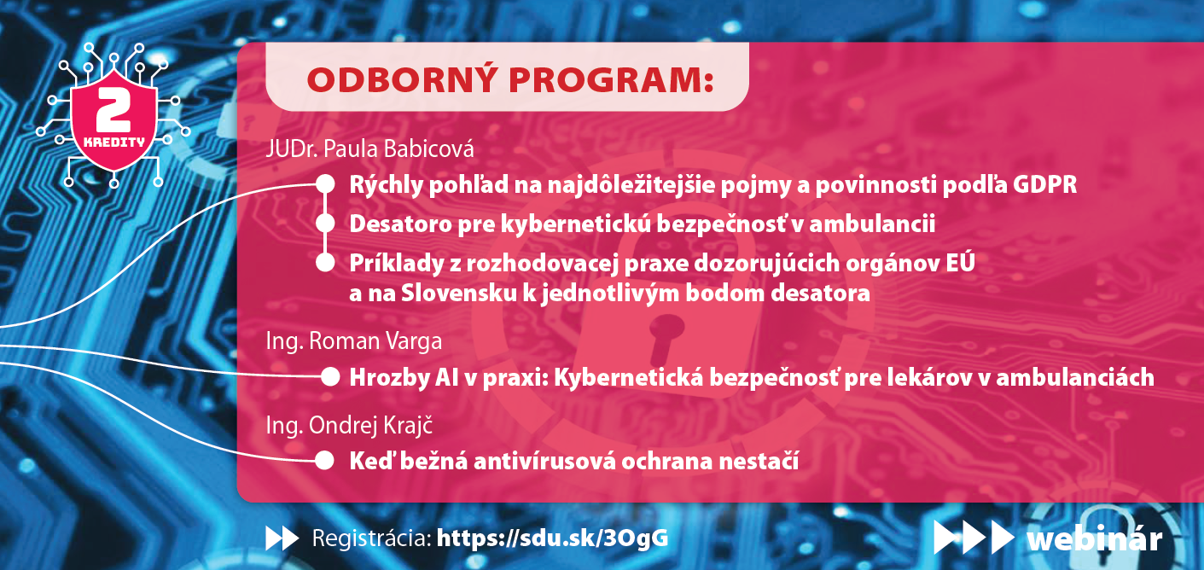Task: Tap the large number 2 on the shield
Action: pyautogui.click(x=113, y=110)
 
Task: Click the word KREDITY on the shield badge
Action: pyautogui.click(x=114, y=142)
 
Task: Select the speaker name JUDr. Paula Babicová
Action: pyautogui.click(x=369, y=149)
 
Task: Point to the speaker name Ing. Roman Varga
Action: pyautogui.click(x=353, y=342)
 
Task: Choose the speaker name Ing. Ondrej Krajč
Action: pyautogui.click(x=349, y=425)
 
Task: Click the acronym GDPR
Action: pyautogui.click(x=1045, y=184)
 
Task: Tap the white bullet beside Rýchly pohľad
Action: pyautogui.click(x=325, y=184)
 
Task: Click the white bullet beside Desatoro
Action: pyautogui.click(x=325, y=224)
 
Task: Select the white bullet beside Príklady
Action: pyautogui.click(x=325, y=263)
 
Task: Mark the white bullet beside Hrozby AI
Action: pyautogui.click(x=330, y=377)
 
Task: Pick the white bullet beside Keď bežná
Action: pyautogui.click(x=324, y=460)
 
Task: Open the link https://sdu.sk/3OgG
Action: pyautogui.click(x=553, y=538)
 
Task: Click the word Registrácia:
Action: pyautogui.click(x=371, y=538)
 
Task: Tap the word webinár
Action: pyautogui.click(x=1094, y=538)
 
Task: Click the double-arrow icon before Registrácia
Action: pyautogui.click(x=282, y=538)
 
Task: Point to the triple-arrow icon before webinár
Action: pyautogui.click(x=974, y=538)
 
